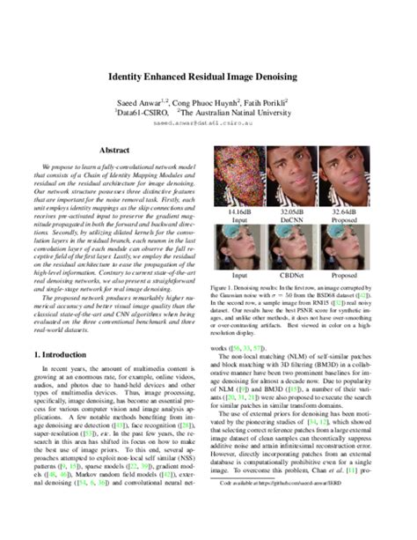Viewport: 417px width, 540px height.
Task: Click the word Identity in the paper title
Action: coord(131,78)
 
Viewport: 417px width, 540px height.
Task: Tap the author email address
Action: coord(208,124)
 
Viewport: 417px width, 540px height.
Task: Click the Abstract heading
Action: coord(114,152)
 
